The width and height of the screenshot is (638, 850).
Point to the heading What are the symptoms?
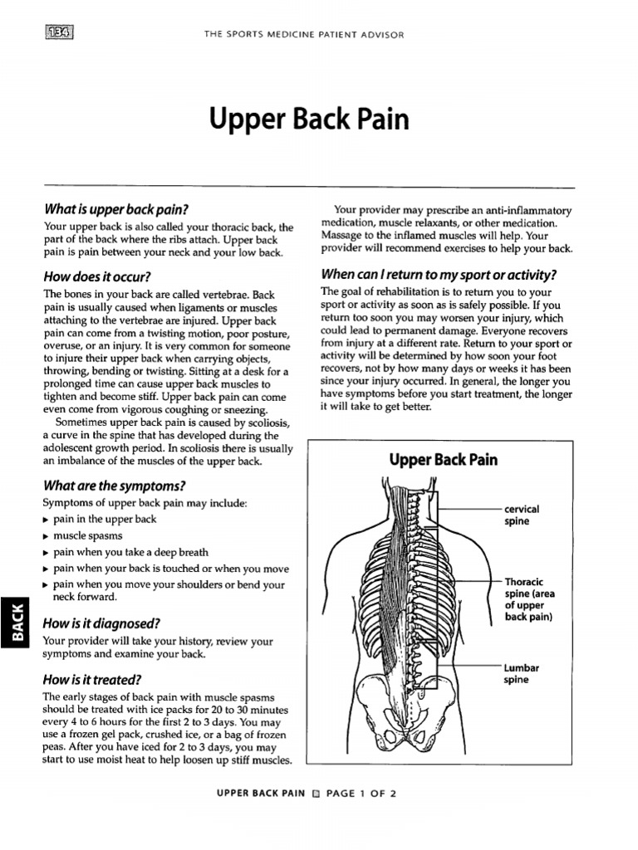(x=114, y=485)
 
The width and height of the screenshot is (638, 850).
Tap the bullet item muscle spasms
(x=87, y=535)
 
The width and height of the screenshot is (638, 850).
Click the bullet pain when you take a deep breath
(x=130, y=552)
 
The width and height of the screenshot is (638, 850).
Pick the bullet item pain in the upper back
(x=104, y=519)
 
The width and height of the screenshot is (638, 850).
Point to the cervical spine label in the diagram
(x=522, y=515)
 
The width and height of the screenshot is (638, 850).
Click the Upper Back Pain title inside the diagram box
(x=443, y=460)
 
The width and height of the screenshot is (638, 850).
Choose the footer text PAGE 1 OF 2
(x=361, y=793)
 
